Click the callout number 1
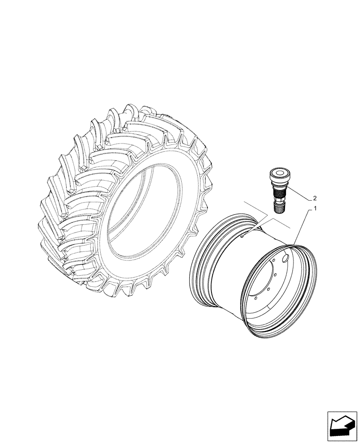(x=315, y=208)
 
